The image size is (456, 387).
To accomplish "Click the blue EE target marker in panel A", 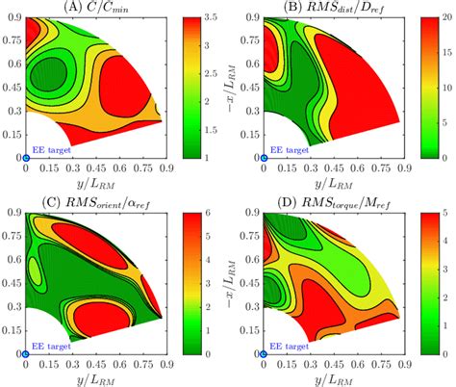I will pyautogui.click(x=25, y=157).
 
